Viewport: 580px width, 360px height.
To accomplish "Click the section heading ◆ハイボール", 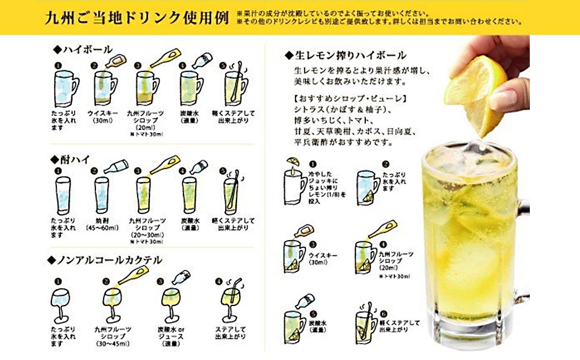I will pyautogui.click(x=83, y=50).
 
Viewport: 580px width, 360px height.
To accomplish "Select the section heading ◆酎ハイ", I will pyautogui.click(x=72, y=159).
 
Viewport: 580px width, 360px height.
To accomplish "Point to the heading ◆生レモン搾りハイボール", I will pyautogui.click(x=345, y=55).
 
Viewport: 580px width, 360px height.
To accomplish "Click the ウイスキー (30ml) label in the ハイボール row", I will pyautogui.click(x=101, y=116).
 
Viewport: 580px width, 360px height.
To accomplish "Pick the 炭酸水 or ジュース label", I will pyautogui.click(x=172, y=336).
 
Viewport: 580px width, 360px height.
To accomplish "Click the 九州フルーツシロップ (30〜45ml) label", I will pyautogui.click(x=112, y=336).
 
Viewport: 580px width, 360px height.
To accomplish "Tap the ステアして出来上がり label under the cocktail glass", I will pyautogui.click(x=231, y=333).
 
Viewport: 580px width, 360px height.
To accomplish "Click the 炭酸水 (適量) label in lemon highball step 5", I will pyautogui.click(x=317, y=326).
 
